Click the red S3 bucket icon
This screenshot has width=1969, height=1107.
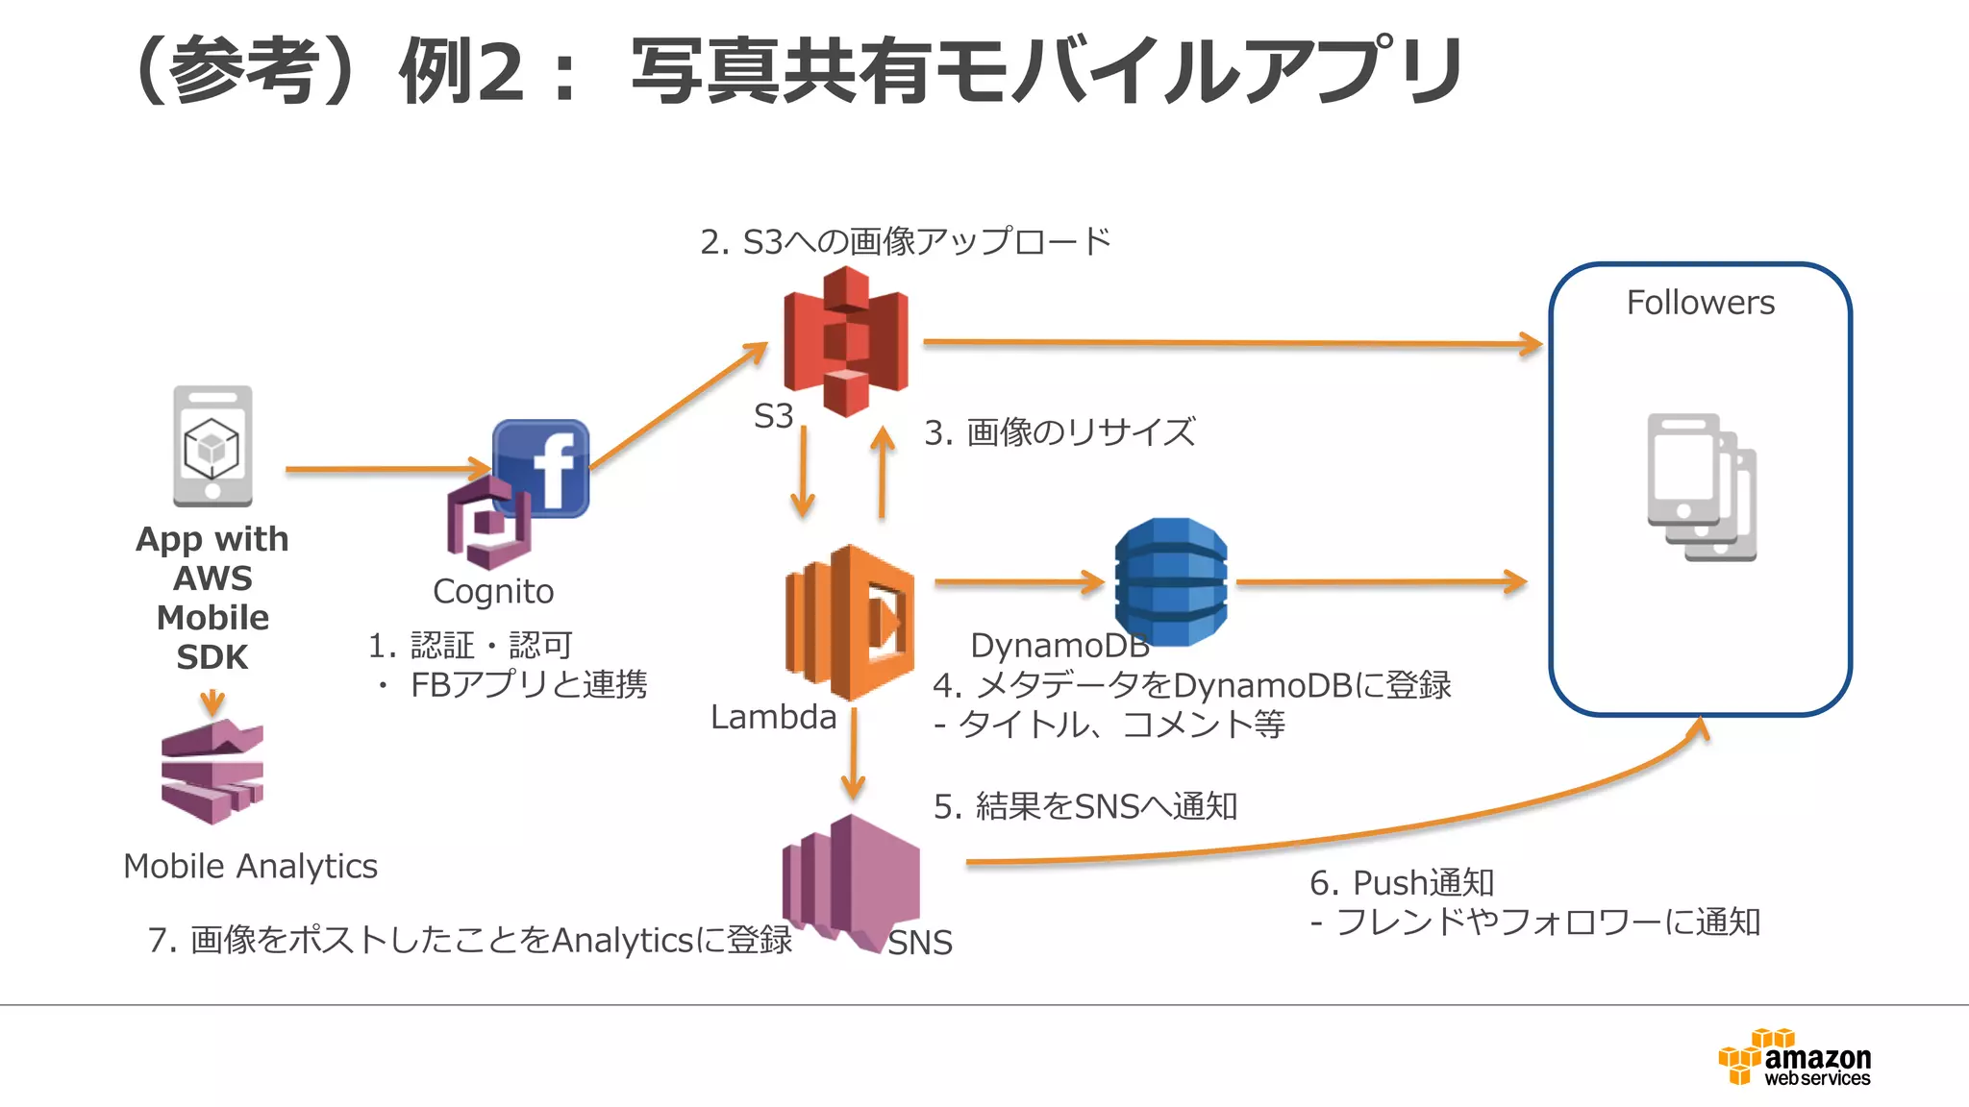(x=845, y=341)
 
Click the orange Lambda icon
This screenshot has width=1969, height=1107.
(x=849, y=622)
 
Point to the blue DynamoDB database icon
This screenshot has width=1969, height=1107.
(x=1170, y=581)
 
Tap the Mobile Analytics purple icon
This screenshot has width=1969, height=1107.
(x=212, y=772)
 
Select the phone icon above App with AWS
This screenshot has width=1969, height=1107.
(x=212, y=446)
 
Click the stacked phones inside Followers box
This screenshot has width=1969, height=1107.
(x=1701, y=487)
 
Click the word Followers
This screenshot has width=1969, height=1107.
(x=1700, y=303)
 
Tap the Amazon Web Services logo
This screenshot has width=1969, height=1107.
(x=1794, y=1058)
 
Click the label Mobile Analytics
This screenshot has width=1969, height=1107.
(x=250, y=866)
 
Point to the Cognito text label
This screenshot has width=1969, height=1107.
(x=493, y=591)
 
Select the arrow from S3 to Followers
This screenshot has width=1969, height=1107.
(x=1231, y=342)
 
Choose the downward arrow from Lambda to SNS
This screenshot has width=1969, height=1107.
(x=853, y=754)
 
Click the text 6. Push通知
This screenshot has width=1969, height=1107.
(x=1401, y=882)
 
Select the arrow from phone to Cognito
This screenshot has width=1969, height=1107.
(x=385, y=469)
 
